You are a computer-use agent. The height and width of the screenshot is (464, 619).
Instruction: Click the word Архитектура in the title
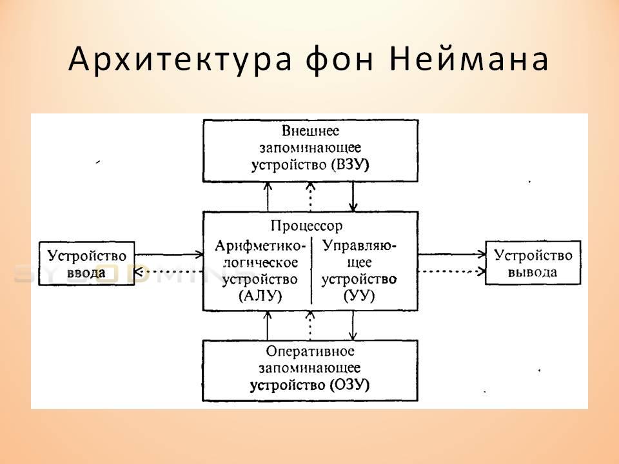181,59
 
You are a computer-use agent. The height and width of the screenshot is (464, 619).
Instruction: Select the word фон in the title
340,59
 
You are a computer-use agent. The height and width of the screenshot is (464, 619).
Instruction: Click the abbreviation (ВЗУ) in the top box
350,164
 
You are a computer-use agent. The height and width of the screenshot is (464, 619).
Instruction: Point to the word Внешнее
310,131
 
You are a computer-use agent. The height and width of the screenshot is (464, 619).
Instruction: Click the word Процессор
307,226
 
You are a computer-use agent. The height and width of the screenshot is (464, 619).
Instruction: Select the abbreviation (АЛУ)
260,296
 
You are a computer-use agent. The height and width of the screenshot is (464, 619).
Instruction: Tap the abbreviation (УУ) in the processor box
359,296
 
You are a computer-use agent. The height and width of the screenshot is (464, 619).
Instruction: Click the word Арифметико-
260,246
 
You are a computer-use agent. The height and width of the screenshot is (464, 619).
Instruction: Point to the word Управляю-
360,246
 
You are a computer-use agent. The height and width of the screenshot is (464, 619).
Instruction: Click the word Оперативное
310,351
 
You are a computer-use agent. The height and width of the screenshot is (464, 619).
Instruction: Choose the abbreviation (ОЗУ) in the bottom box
350,385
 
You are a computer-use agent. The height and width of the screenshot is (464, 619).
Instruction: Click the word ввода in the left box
86,273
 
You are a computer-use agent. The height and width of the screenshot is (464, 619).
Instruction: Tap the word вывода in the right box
533,272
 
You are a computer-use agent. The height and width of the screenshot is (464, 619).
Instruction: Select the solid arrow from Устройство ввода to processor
169,255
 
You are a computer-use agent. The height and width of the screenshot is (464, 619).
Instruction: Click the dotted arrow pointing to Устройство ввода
169,271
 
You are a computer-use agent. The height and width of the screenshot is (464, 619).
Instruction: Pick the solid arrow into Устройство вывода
452,254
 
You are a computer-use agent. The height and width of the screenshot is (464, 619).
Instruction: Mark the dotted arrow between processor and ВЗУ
310,197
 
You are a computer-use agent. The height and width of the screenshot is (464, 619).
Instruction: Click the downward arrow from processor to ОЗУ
353,325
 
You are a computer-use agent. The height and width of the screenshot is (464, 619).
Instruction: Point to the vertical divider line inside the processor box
311,271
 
